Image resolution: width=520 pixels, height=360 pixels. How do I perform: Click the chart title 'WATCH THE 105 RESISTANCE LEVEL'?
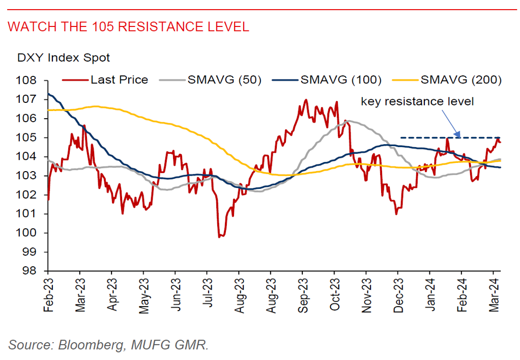pos(128,27)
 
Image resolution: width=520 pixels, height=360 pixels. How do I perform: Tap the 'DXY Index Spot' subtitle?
pos(63,58)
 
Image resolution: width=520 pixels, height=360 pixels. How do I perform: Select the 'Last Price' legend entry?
pos(105,79)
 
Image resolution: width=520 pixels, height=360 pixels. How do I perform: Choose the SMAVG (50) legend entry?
pos(210,79)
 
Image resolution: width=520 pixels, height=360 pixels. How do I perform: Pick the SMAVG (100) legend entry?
pos(327,79)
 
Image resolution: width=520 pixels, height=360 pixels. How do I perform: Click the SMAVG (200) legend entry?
pos(447,79)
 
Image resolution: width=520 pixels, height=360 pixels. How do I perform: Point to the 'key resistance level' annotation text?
pos(417,101)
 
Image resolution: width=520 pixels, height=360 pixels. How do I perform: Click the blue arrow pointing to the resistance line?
pos(451,124)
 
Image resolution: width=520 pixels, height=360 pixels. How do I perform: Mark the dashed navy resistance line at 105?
pos(450,137)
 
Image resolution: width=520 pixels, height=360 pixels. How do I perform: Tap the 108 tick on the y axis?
pos(26,80)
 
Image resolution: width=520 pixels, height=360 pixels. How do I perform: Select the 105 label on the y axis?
pos(26,137)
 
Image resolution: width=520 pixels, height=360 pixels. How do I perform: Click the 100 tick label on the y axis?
pos(26,233)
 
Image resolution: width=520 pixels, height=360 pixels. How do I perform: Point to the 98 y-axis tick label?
pos(30,271)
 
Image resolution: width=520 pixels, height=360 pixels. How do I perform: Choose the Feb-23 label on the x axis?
pos(48,295)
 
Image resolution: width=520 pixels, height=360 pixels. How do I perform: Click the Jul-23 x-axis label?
pos(207,293)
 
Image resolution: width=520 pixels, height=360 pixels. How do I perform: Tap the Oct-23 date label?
pos(335,294)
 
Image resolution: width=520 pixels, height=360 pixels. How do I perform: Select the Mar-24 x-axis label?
pos(494,295)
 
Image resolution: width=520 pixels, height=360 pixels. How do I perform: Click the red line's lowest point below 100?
pos(219,237)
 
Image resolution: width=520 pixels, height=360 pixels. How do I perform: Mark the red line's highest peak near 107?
pos(306,99)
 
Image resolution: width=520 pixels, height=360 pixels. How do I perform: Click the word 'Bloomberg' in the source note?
pos(91,345)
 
